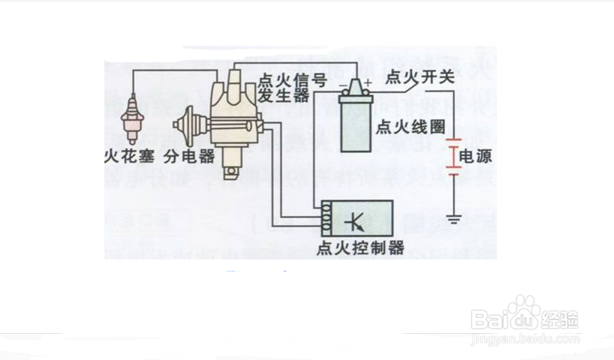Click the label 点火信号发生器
(x=282, y=87)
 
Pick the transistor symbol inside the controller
(x=352, y=220)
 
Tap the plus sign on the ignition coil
(x=369, y=82)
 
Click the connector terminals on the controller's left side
(x=327, y=217)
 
